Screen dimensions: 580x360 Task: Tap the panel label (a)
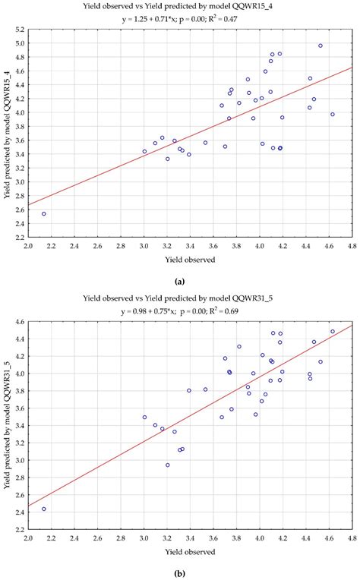180,280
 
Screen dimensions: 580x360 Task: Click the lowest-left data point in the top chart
44,213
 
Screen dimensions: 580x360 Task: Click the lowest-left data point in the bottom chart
44,509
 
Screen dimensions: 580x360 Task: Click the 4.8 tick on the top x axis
352,245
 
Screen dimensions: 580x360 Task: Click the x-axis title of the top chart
191,260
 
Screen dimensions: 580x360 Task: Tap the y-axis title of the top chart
7,133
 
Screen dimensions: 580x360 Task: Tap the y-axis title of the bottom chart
7,425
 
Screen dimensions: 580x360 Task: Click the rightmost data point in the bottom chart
332,331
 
